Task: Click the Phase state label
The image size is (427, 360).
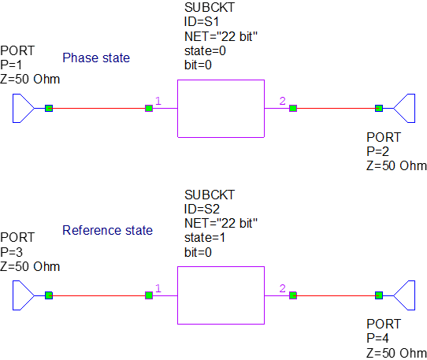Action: (96, 58)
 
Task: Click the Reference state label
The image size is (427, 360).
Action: (107, 231)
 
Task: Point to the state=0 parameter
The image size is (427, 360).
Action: (205, 51)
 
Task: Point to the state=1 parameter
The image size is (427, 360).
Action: (205, 238)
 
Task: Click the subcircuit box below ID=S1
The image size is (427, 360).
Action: (221, 109)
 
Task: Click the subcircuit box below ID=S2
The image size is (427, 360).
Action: (221, 295)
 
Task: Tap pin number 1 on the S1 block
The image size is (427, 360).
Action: (158, 101)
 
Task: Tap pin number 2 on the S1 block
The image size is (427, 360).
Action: (282, 101)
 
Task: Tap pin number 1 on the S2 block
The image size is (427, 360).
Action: (158, 288)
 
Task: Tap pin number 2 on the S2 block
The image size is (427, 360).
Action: (282, 288)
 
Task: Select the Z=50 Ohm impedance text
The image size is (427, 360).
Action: (392, 165)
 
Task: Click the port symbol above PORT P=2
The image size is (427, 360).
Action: (404, 108)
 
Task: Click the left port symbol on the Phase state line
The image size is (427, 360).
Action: (23, 108)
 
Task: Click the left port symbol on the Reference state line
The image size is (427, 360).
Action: (23, 295)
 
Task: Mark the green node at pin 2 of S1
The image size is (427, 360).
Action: (293, 108)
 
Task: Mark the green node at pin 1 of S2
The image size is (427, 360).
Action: (149, 295)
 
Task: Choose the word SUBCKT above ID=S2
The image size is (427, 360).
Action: (210, 195)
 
